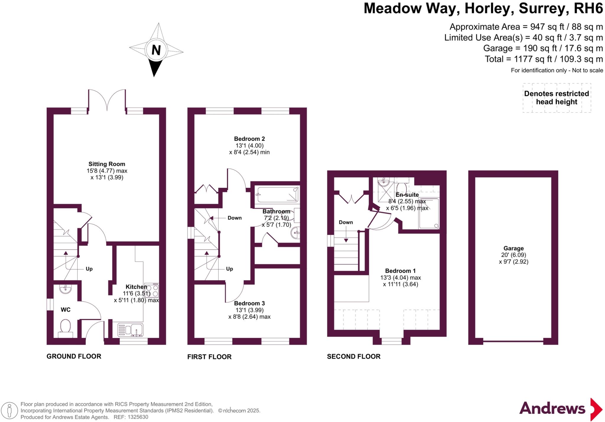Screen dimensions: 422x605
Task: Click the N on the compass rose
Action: (156, 50)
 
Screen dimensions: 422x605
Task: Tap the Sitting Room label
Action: (107, 164)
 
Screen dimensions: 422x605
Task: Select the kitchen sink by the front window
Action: (130, 330)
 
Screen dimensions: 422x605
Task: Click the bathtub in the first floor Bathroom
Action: (277, 195)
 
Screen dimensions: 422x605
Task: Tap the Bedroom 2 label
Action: (249, 139)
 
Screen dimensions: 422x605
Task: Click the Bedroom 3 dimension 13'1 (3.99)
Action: (249, 310)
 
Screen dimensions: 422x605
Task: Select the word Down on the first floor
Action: (235, 218)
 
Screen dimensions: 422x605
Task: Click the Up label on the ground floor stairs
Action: (89, 269)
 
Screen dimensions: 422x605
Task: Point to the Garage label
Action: (513, 248)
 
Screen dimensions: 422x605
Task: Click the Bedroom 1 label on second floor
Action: (400, 271)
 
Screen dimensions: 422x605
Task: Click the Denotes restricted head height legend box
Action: (557, 98)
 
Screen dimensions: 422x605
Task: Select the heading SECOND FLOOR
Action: (354, 357)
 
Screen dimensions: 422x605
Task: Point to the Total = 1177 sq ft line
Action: (544, 59)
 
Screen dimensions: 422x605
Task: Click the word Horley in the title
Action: (487, 9)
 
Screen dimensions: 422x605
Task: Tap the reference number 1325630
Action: (138, 417)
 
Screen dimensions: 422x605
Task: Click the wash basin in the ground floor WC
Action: (65, 289)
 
